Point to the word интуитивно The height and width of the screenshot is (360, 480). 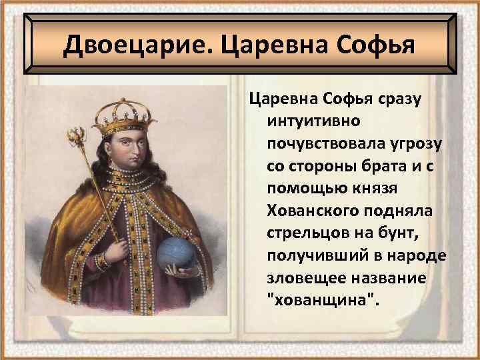pyautogui.click(x=314, y=122)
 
